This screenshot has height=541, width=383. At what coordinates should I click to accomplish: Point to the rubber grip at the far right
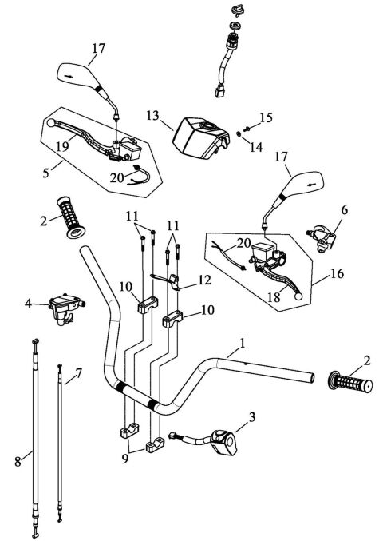click(348, 382)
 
